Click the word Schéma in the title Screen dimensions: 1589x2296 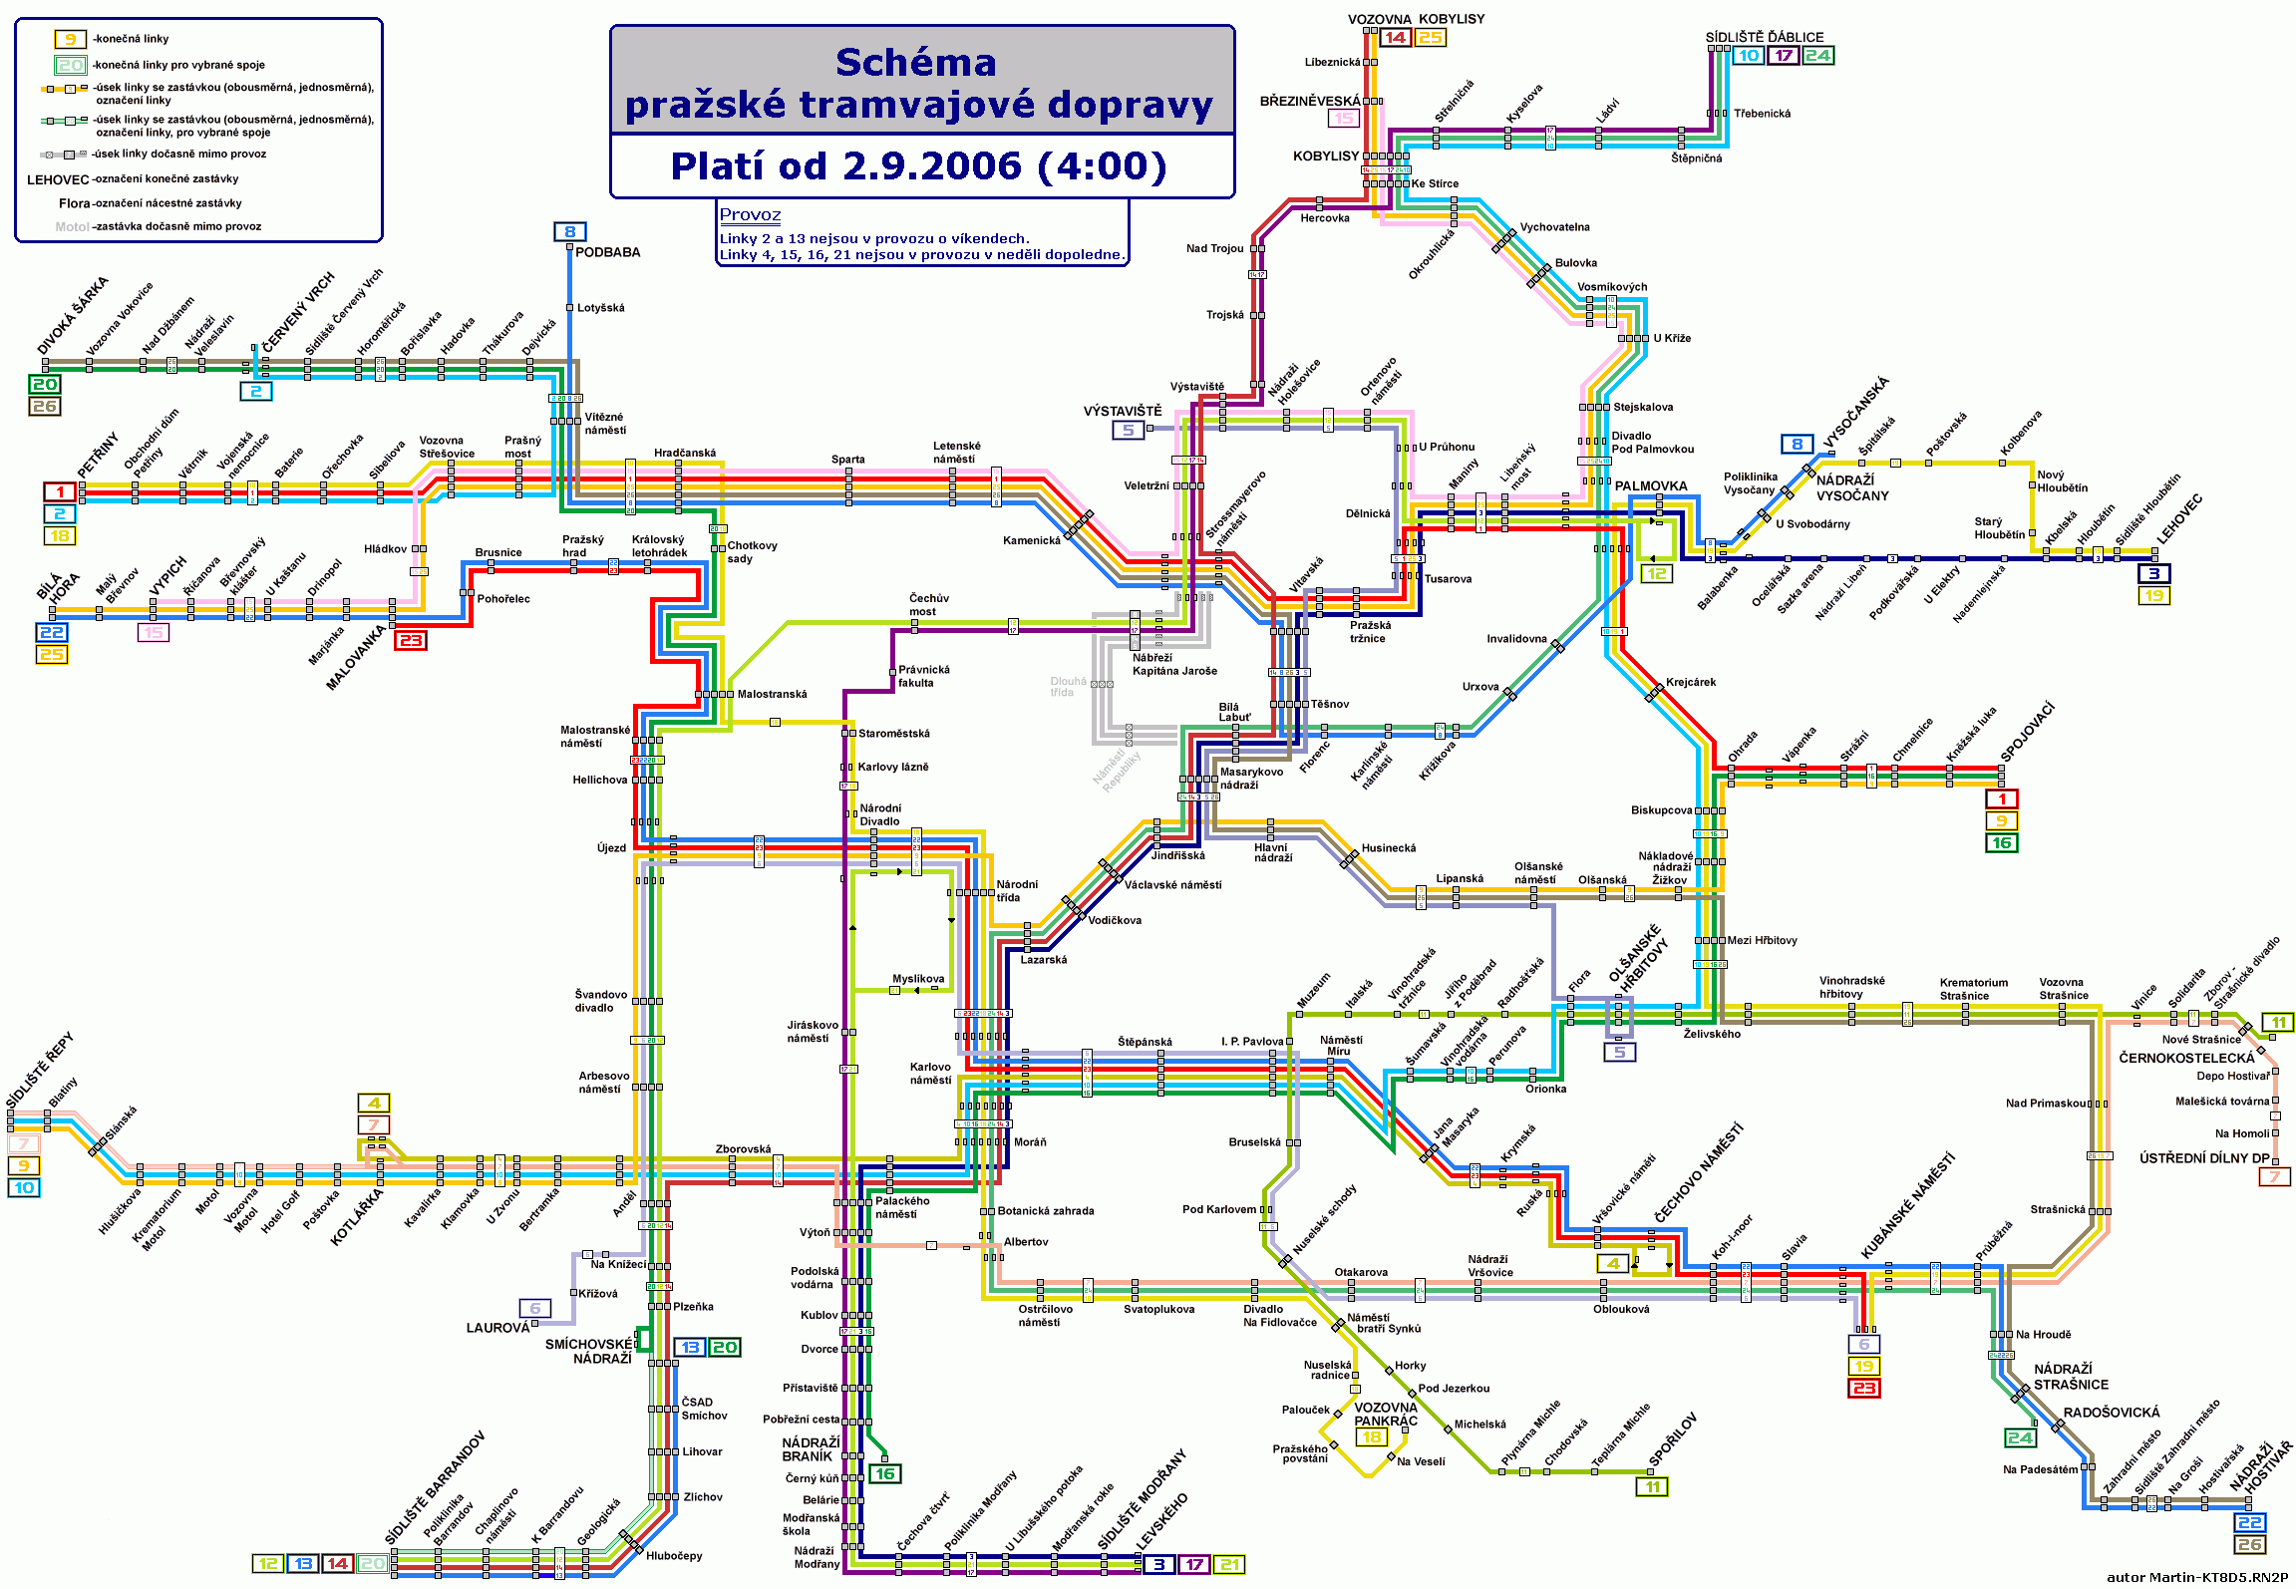[915, 63]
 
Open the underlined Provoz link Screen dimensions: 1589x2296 [750, 214]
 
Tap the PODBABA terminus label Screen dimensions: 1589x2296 [607, 252]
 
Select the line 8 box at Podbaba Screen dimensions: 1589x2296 [569, 232]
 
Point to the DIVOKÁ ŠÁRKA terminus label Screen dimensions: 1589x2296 [72, 316]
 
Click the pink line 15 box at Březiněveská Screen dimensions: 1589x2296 [1344, 118]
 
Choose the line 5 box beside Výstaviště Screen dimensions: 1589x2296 [1128, 430]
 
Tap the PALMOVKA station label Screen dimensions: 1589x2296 [1651, 486]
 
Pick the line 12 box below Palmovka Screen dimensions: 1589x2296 [1656, 574]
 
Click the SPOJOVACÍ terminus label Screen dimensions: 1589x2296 [2027, 732]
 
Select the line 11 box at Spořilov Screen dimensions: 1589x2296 [1652, 1487]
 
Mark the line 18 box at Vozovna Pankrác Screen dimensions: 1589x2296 [1372, 1437]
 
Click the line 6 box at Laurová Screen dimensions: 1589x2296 [534, 1308]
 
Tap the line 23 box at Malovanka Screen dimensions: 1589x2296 [411, 640]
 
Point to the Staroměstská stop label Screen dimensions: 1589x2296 [894, 734]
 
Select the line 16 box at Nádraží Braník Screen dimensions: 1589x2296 [884, 1473]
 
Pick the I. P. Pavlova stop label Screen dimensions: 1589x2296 [1252, 1042]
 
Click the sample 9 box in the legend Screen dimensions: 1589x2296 [70, 39]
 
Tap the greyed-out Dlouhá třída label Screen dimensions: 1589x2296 [1068, 687]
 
